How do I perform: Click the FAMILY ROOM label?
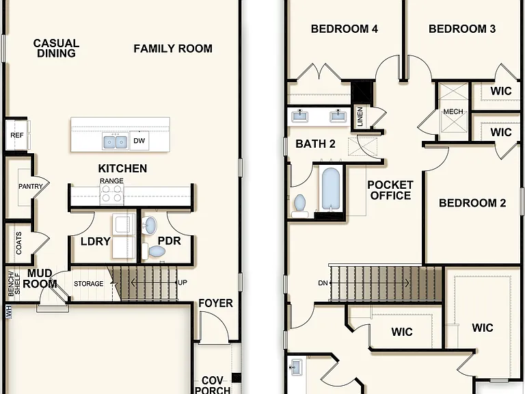[173, 49]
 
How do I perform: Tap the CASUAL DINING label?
[56, 49]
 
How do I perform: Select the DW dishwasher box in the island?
[139, 141]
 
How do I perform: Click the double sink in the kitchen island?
[116, 142]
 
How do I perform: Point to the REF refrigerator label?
[16, 135]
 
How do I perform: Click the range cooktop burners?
[112, 194]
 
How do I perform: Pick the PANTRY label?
[31, 186]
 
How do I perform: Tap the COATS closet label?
[18, 243]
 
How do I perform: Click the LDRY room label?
[96, 241]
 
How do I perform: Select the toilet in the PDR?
[154, 251]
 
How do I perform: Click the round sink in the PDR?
[149, 225]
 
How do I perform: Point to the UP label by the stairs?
[183, 283]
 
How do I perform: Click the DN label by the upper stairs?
[323, 283]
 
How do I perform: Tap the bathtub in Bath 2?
[331, 189]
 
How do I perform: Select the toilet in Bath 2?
[299, 205]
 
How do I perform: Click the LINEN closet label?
[360, 116]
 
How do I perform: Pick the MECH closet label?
[453, 111]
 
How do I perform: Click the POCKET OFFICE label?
[390, 190]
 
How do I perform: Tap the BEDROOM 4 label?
[345, 29]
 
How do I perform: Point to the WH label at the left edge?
[8, 311]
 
